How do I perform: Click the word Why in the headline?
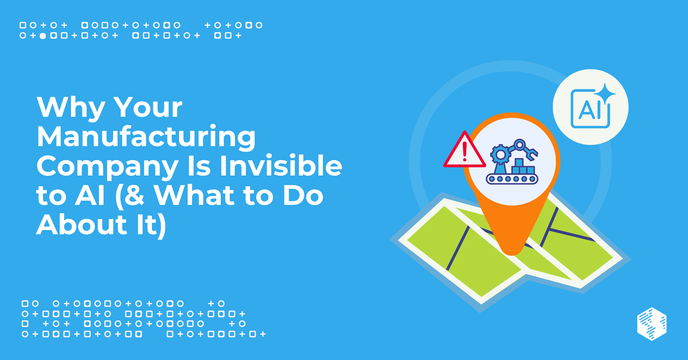click(71, 107)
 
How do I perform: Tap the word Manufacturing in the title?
click(146, 137)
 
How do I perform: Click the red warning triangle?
click(464, 150)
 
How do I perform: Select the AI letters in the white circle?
click(589, 110)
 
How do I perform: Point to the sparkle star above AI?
click(605, 94)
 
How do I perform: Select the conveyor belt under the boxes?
click(512, 178)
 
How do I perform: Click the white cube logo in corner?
click(652, 324)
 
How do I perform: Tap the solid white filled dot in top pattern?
click(43, 36)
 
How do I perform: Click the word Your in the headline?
click(148, 107)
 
